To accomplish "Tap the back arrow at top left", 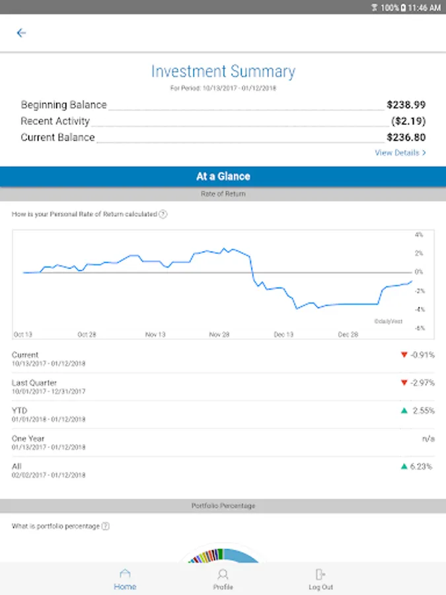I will [x=21, y=33].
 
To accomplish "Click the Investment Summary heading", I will [x=223, y=71].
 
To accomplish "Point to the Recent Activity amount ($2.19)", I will [x=408, y=121].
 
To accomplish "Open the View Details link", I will [x=400, y=153].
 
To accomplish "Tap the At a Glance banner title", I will [x=223, y=177].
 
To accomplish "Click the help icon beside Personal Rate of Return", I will [x=163, y=214].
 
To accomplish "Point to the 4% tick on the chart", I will [x=418, y=235].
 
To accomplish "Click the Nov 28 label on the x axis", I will [x=219, y=335].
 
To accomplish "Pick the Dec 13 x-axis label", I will [x=283, y=335].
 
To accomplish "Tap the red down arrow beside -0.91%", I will [x=404, y=355].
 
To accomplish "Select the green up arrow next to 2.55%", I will [x=404, y=411].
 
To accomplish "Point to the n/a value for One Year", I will [x=427, y=438].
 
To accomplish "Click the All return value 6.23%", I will [x=422, y=466].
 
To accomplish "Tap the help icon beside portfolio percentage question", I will [x=106, y=526].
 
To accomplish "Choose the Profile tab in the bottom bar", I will [x=223, y=578].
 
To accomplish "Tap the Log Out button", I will [x=321, y=578].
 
